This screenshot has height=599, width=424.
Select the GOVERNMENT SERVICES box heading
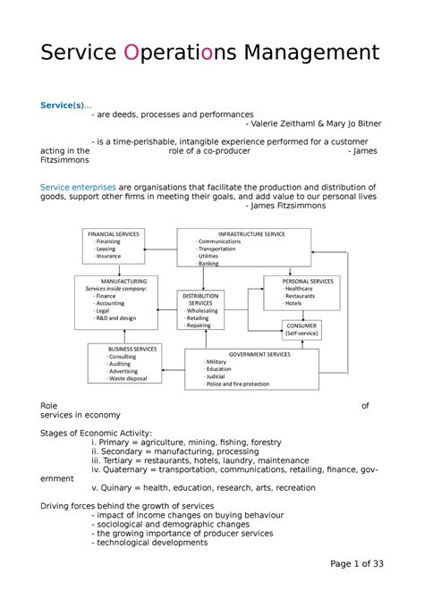pyautogui.click(x=258, y=354)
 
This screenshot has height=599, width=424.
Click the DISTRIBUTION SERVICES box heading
pyautogui.click(x=201, y=299)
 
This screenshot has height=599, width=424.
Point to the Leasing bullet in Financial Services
pyautogui.click(x=108, y=249)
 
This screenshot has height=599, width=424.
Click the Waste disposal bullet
pyautogui.click(x=130, y=379)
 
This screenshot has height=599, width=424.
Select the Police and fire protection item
pyautogui.click(x=237, y=384)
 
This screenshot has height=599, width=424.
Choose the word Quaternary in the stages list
pyautogui.click(x=134, y=465)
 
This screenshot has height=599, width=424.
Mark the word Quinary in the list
pyautogui.click(x=123, y=488)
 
